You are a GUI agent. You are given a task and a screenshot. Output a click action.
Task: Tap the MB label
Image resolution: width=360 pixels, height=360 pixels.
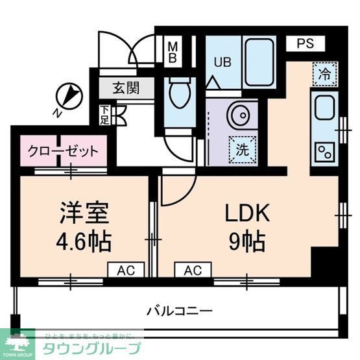(x=173, y=52)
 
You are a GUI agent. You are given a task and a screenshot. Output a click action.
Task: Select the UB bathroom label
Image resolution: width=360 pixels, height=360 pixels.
(x=222, y=62)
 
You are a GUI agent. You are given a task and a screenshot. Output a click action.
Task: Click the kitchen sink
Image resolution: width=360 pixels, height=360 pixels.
(x=322, y=107)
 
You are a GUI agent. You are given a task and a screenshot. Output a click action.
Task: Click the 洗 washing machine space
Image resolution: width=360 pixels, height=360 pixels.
(x=243, y=148)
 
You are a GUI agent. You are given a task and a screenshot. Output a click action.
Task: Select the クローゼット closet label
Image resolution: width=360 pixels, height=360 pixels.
(x=63, y=152)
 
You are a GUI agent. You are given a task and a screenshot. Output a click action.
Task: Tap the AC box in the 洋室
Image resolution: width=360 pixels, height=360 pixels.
(x=126, y=270)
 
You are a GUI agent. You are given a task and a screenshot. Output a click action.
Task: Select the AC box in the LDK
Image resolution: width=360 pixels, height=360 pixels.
(x=192, y=270)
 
